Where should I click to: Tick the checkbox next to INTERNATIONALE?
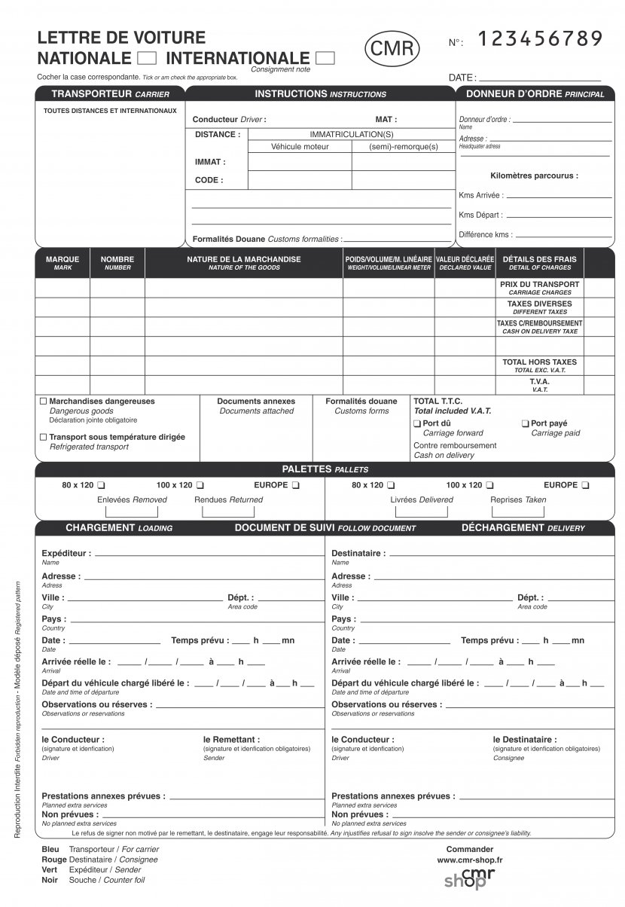pyautogui.click(x=325, y=58)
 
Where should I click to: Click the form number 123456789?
pyautogui.click(x=540, y=39)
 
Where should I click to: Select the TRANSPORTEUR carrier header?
pyautogui.click(x=110, y=94)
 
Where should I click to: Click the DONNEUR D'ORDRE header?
pyautogui.click(x=535, y=94)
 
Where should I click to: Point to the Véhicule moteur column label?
pyautogui.click(x=300, y=147)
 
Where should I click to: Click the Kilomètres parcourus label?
pyautogui.click(x=534, y=176)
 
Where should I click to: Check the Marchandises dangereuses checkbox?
pyautogui.click(x=43, y=402)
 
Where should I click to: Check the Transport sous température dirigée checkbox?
pyautogui.click(x=43, y=437)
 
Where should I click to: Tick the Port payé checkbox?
pyautogui.click(x=526, y=424)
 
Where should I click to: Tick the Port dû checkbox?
pyautogui.click(x=417, y=424)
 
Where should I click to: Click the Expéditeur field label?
pyautogui.click(x=66, y=553)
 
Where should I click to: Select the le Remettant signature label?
pyautogui.click(x=231, y=740)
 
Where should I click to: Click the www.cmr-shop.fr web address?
pyautogui.click(x=470, y=859)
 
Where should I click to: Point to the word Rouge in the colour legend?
pyautogui.click(x=53, y=860)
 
